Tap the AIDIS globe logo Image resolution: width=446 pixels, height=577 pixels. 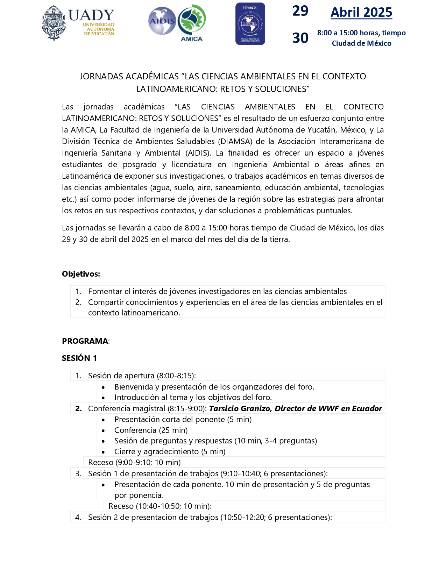(x=162, y=21)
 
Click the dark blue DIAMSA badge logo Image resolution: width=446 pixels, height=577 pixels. (x=250, y=24)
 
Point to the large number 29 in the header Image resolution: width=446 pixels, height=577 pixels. (x=300, y=11)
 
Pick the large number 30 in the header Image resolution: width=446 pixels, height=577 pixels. (x=300, y=38)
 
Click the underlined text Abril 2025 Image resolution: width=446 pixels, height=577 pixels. (x=361, y=13)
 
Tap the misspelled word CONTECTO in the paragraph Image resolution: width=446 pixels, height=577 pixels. (x=363, y=107)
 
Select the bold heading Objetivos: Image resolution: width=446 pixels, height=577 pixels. (x=81, y=274)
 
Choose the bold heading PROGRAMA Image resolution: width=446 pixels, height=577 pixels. (x=85, y=341)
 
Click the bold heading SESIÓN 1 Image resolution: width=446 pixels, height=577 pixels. (x=79, y=358)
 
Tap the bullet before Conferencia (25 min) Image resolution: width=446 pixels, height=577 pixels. (x=103, y=430)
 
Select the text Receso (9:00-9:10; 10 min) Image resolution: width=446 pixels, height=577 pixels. (x=134, y=462)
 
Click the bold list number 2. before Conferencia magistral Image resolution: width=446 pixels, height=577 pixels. (x=78, y=408)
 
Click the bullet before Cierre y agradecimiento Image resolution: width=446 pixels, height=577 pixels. (x=103, y=452)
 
